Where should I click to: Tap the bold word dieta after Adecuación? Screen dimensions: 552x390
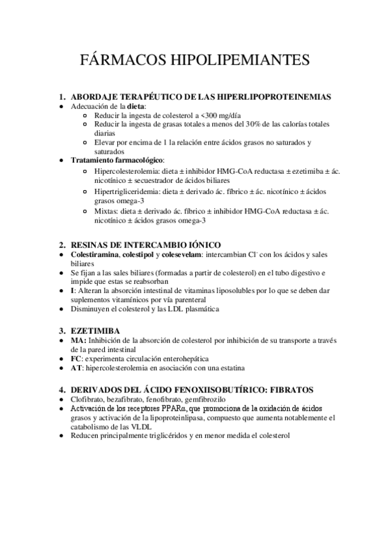135,106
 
